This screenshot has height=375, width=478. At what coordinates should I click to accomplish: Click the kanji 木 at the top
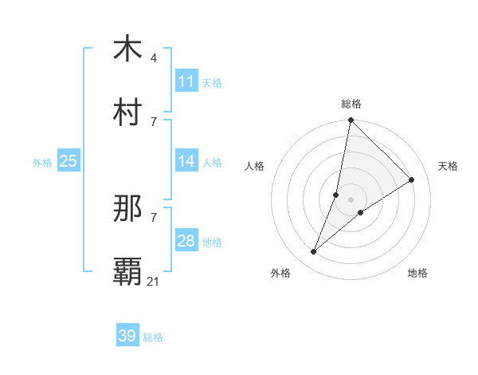pyautogui.click(x=127, y=49)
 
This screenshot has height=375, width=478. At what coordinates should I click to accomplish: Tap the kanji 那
pyautogui.click(x=127, y=208)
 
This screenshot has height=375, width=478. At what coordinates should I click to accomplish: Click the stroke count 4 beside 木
pyautogui.click(x=153, y=57)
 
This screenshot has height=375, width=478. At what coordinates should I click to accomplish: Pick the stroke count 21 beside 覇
pyautogui.click(x=154, y=281)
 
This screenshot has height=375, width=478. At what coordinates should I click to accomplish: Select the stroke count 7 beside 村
pyautogui.click(x=153, y=121)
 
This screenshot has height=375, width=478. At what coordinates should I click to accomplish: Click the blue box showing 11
pyautogui.click(x=186, y=81)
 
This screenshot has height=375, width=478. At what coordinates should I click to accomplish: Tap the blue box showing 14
pyautogui.click(x=186, y=161)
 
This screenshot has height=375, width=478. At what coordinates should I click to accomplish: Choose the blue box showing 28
pyautogui.click(x=186, y=241)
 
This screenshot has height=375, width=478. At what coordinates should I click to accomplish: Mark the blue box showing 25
pyautogui.click(x=69, y=161)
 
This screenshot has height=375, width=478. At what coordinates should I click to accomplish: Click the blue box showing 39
pyautogui.click(x=127, y=336)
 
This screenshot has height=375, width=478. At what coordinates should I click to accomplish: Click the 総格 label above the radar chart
pyautogui.click(x=351, y=104)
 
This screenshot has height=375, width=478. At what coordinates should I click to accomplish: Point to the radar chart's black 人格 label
pyautogui.click(x=255, y=166)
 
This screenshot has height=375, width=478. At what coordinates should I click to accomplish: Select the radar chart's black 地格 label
pyautogui.click(x=417, y=273)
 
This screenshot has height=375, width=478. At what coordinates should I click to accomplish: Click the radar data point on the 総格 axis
pyautogui.click(x=351, y=120)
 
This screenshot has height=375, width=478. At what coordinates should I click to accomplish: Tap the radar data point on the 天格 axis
pyautogui.click(x=412, y=180)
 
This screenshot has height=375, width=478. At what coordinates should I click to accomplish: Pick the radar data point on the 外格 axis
pyautogui.click(x=314, y=252)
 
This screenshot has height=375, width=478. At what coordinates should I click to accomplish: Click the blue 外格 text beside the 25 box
pyautogui.click(x=42, y=162)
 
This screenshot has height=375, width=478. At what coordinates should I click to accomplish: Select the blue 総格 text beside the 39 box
pyautogui.click(x=153, y=337)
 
